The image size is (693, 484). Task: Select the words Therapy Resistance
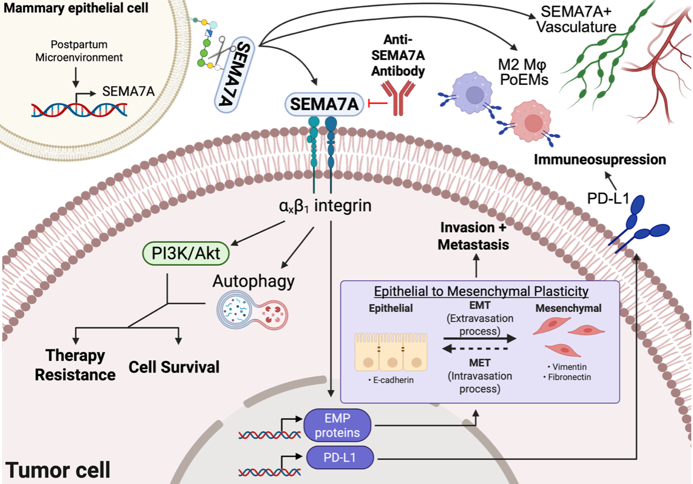[x=75, y=365]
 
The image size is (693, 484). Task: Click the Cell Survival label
[x=174, y=366]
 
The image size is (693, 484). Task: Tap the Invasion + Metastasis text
[x=473, y=237]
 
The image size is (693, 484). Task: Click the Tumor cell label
[x=58, y=470]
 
